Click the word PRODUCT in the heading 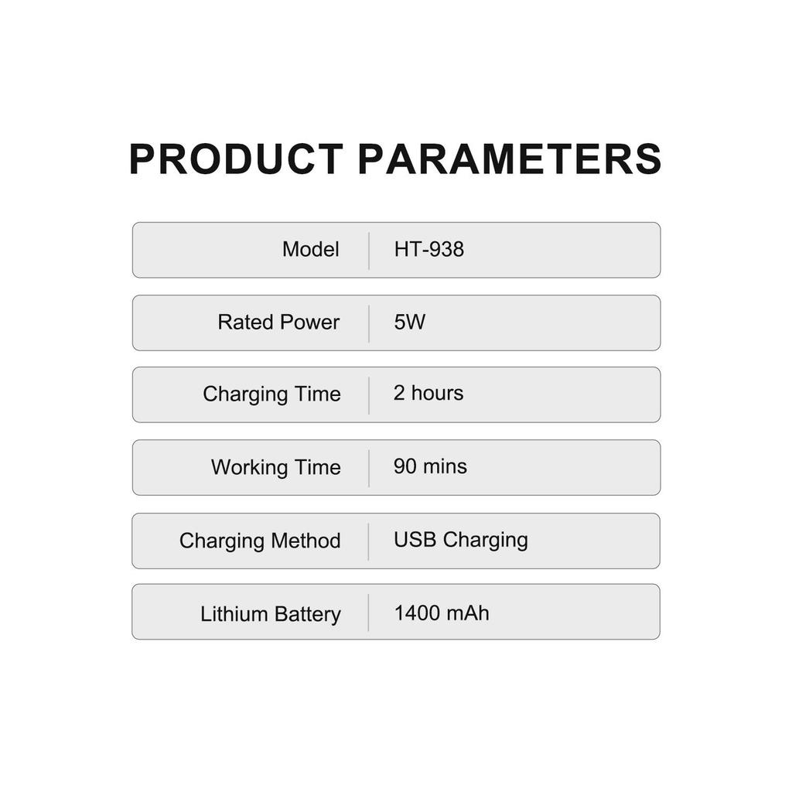coord(237,159)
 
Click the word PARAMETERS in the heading coord(510,159)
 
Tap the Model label coord(311,250)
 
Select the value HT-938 coord(428,250)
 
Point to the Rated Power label coord(278,323)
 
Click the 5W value coord(410,323)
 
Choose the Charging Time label coord(271,394)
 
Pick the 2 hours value coord(428,393)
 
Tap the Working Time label coord(276,468)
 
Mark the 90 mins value coord(430,466)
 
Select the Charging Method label coord(260,541)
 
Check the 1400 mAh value coord(442,613)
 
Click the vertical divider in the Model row coord(369,251)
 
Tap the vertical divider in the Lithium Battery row coord(369,613)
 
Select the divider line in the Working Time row coord(369,469)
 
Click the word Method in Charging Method coord(306,541)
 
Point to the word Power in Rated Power coord(309,323)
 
